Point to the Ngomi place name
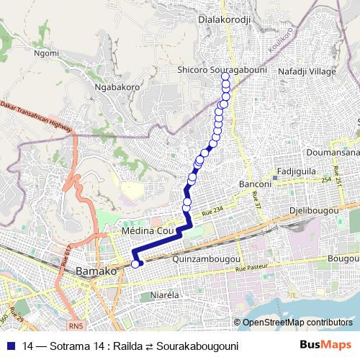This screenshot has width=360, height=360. (46, 53)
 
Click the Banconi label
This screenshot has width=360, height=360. (254, 184)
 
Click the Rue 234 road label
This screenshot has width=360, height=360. (215, 210)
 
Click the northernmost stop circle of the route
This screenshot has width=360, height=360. (225, 76)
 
